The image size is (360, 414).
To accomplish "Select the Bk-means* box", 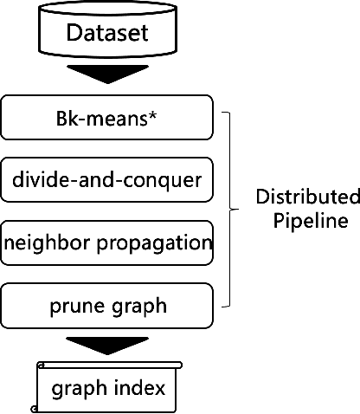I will click(107, 118).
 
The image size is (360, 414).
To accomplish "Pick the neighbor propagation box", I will click(107, 242).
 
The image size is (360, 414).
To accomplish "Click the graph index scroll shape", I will click(107, 387).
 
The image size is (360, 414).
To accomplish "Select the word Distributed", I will click(307, 197).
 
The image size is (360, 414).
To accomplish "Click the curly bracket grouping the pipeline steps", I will click(229, 209).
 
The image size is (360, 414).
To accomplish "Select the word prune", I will click(77, 305).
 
